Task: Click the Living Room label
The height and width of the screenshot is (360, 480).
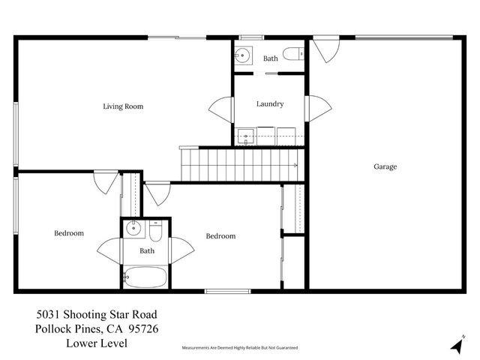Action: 123,106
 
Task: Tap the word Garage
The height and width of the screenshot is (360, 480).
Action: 385,166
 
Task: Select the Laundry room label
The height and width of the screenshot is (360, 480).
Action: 269,104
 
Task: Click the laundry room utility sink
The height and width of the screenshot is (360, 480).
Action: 246,136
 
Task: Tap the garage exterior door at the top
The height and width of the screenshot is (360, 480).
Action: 325,49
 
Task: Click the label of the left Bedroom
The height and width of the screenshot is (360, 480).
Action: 69,233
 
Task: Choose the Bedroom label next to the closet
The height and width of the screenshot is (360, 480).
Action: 220,236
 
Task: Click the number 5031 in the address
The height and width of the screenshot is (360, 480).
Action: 49,314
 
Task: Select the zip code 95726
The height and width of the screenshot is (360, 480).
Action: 142,328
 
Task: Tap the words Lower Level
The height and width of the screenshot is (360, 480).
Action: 96,343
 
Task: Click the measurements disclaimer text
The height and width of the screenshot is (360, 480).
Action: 240,348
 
